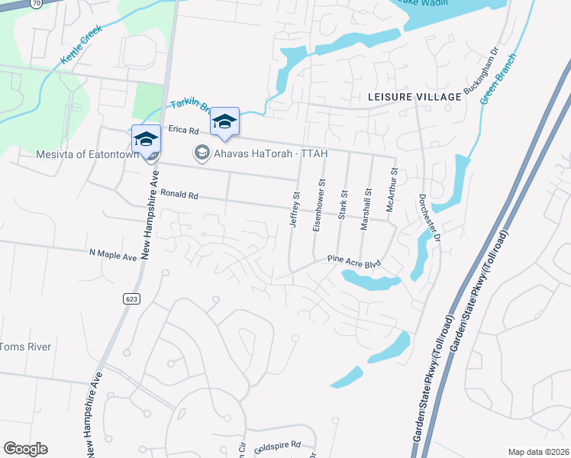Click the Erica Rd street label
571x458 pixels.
click(x=183, y=131)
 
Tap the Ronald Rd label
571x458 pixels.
click(x=179, y=195)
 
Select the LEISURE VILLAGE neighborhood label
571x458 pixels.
click(x=415, y=97)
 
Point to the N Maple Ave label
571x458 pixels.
click(x=113, y=253)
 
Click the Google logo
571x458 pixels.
click(x=25, y=448)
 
